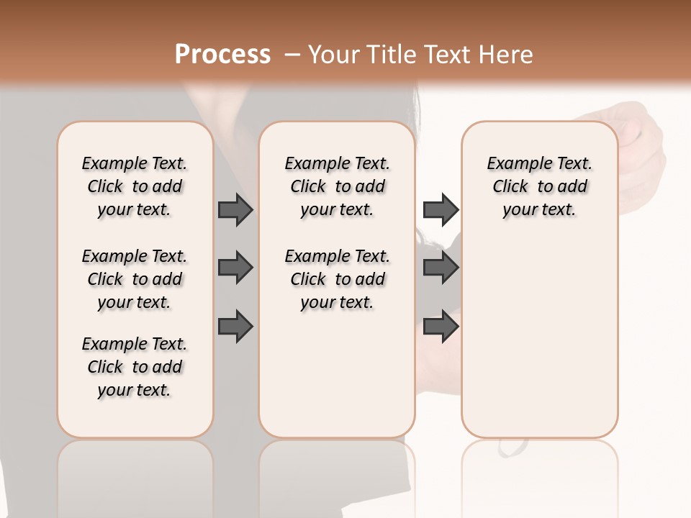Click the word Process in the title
coord(222,55)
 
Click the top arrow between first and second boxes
coord(235,209)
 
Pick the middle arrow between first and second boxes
coord(235,268)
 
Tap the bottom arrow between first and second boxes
coord(235,326)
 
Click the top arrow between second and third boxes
coord(441,209)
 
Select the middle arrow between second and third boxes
coord(441,268)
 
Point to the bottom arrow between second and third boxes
coord(441,326)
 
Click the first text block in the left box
coord(135,186)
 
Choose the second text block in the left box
coord(135,279)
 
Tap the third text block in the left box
coord(135,367)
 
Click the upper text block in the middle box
coord(337,186)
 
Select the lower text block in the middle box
coord(337,279)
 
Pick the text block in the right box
coord(539,186)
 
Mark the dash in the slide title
coord(292,55)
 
